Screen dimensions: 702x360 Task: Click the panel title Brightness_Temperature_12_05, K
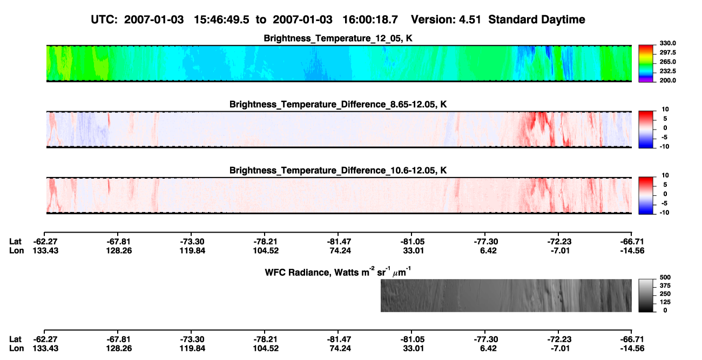pos(338,38)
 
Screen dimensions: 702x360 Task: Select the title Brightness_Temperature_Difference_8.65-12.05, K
pos(338,104)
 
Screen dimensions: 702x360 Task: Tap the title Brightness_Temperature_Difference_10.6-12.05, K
pos(338,171)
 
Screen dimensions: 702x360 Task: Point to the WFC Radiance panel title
pos(338,272)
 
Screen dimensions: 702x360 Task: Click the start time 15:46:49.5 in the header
pos(221,20)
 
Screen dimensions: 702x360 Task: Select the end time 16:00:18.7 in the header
pos(370,20)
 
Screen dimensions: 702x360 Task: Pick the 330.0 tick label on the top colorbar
pos(667,43)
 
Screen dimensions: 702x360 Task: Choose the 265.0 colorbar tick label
pos(667,62)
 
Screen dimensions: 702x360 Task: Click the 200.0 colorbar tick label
pos(667,80)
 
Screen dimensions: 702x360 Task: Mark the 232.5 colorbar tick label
pos(667,71)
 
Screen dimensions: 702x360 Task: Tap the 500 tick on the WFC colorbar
pos(665,277)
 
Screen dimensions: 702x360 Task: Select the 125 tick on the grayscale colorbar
pos(665,302)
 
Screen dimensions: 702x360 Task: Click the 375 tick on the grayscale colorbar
pos(665,286)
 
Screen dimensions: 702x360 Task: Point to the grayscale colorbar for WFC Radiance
pos(646,295)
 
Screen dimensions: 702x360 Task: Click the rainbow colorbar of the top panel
pos(646,64)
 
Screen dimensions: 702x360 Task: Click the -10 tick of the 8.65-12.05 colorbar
pos(664,146)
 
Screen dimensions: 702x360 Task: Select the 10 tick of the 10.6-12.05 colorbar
pos(665,175)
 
